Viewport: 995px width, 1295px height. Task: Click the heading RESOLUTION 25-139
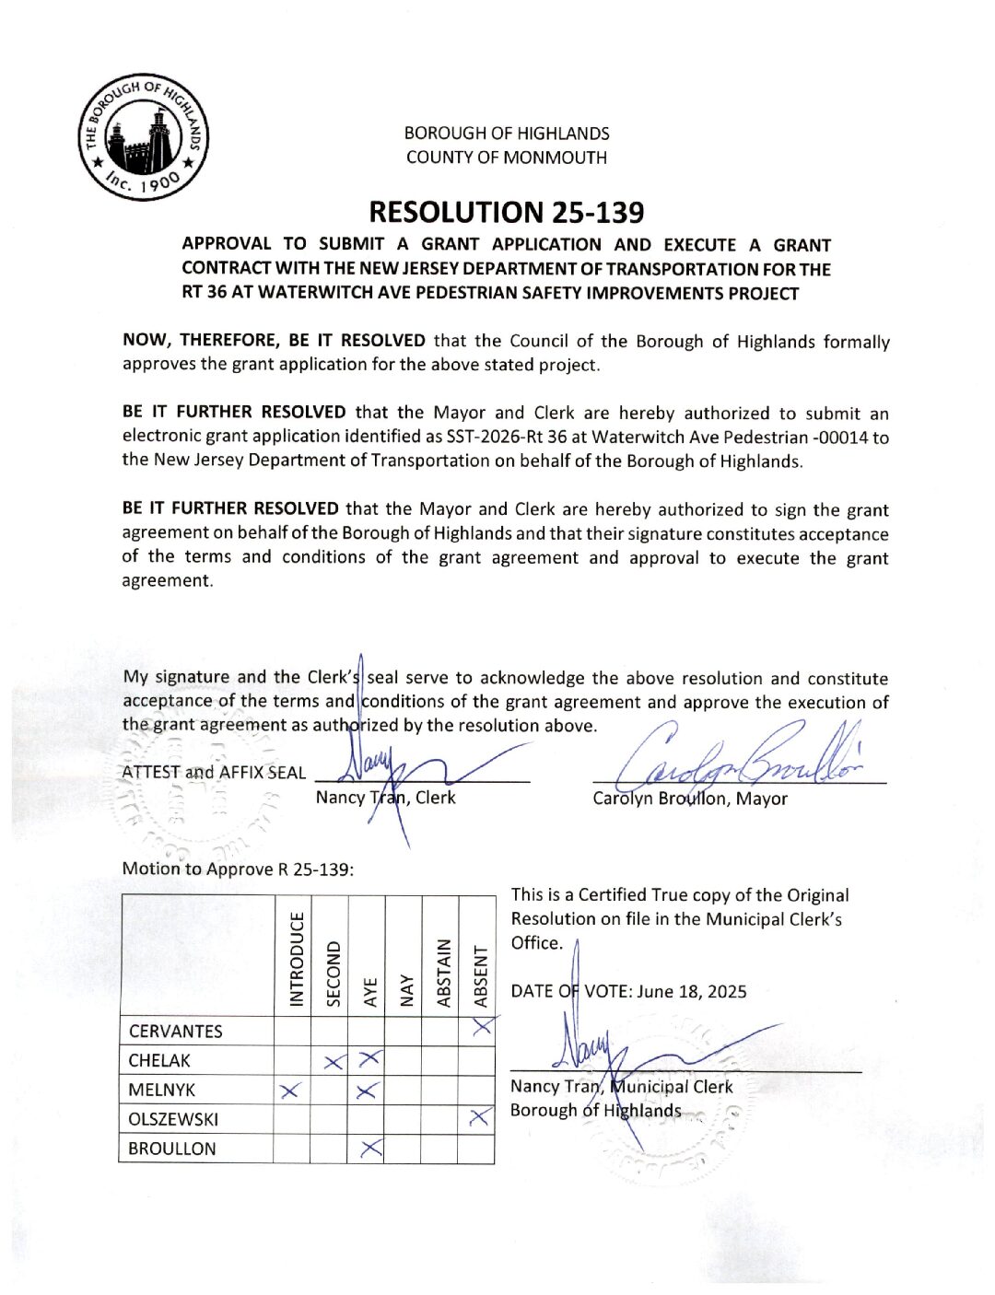click(506, 213)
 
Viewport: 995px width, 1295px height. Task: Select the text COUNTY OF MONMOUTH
click(507, 157)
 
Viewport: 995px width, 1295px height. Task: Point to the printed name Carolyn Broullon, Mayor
click(689, 799)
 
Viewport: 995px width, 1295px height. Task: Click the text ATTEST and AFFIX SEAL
click(214, 773)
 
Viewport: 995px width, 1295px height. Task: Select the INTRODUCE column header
click(297, 958)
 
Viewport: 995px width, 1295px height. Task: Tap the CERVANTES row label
click(175, 1032)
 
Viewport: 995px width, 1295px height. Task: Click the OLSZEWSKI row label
click(173, 1120)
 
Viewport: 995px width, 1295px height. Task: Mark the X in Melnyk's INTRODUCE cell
click(290, 1091)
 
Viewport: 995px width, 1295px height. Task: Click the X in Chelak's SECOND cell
click(334, 1062)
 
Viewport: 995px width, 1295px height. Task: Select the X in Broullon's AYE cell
click(370, 1149)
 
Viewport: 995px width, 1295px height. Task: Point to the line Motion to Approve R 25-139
click(238, 869)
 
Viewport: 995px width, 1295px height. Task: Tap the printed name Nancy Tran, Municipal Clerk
click(622, 1087)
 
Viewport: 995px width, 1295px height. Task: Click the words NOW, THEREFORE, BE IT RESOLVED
click(274, 341)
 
